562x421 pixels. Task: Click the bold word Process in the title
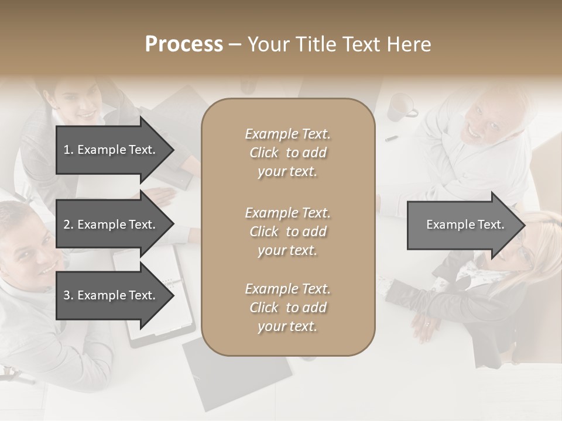click(184, 44)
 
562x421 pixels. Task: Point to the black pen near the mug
click(391, 139)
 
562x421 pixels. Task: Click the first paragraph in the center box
click(287, 153)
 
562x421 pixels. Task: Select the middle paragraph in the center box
click(287, 232)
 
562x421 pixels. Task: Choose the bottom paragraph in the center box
click(287, 308)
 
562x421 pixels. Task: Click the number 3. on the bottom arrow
click(68, 296)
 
